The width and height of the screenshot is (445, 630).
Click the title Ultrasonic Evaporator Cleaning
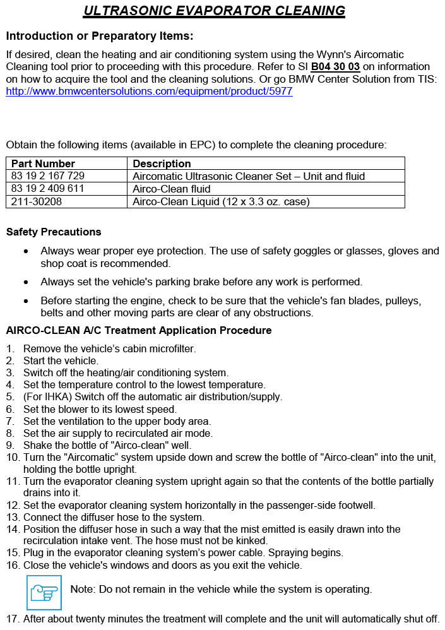(x=214, y=11)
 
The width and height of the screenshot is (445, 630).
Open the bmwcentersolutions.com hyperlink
(x=149, y=91)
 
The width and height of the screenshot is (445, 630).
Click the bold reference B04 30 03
(x=335, y=66)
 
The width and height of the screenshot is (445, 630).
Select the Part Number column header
(x=43, y=163)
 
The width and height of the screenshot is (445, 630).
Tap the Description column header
(x=162, y=163)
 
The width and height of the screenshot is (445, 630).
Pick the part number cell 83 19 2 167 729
(x=48, y=176)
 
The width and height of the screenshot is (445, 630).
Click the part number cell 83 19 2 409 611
(x=48, y=189)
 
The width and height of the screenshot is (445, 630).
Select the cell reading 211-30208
(x=37, y=201)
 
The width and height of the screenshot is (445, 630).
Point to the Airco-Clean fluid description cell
(x=172, y=189)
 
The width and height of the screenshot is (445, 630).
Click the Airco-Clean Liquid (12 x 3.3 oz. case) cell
(x=221, y=201)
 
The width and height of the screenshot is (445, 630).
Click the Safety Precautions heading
(x=54, y=232)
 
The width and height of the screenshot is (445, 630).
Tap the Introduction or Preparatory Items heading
(x=100, y=35)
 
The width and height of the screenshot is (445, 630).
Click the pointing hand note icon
(x=44, y=592)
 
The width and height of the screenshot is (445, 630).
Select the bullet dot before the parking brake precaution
(x=25, y=282)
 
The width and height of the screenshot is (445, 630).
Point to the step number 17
(x=13, y=619)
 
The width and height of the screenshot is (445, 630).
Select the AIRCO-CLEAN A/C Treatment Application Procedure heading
(x=139, y=330)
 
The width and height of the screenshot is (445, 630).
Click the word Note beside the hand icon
(x=82, y=590)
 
